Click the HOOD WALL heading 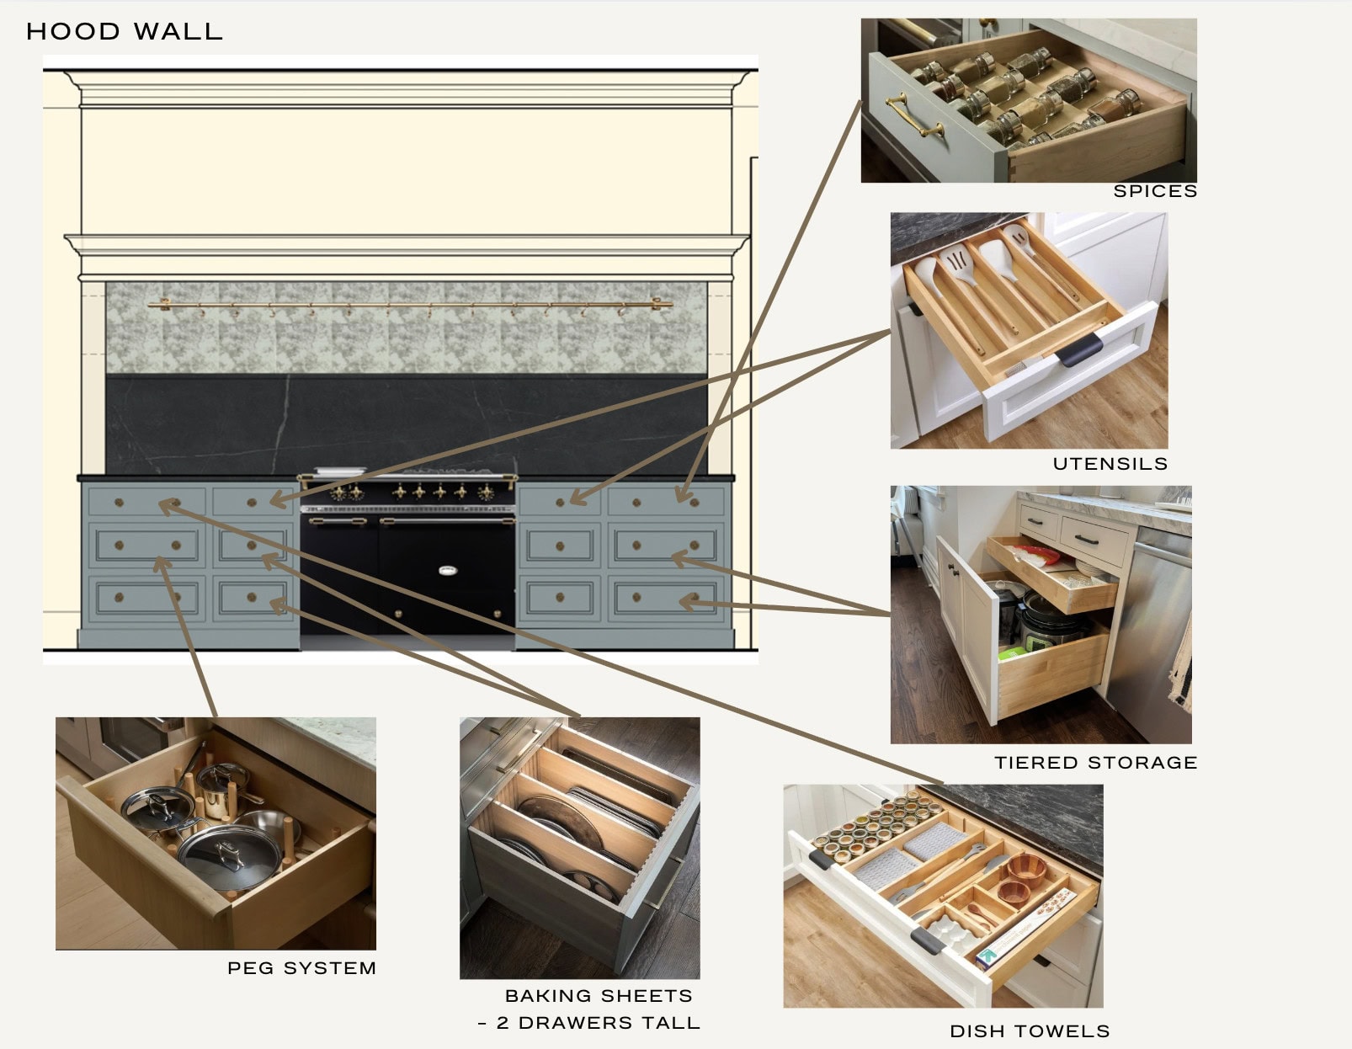125,32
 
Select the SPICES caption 1154,191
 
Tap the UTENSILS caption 1110,464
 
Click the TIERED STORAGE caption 1095,763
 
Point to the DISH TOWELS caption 1029,1031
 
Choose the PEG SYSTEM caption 301,968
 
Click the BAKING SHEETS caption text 599,996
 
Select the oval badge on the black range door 448,571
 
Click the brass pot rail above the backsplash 410,304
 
